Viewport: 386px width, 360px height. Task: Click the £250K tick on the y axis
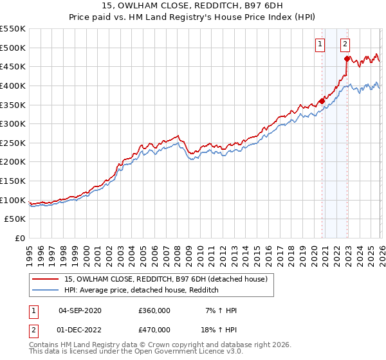click(12, 143)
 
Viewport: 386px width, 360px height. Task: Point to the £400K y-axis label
click(12, 85)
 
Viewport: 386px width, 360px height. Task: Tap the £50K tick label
click(15, 219)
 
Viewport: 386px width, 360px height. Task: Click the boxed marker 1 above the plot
click(320, 44)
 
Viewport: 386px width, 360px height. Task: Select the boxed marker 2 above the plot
click(345, 44)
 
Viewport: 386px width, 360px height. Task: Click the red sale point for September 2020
click(322, 101)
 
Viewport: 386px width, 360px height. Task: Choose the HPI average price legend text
click(142, 290)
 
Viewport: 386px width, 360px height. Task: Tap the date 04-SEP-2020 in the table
click(80, 310)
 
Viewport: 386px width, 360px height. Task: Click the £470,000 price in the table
click(154, 329)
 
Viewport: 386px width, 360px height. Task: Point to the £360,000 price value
click(154, 310)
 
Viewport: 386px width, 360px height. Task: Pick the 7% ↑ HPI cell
click(221, 310)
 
